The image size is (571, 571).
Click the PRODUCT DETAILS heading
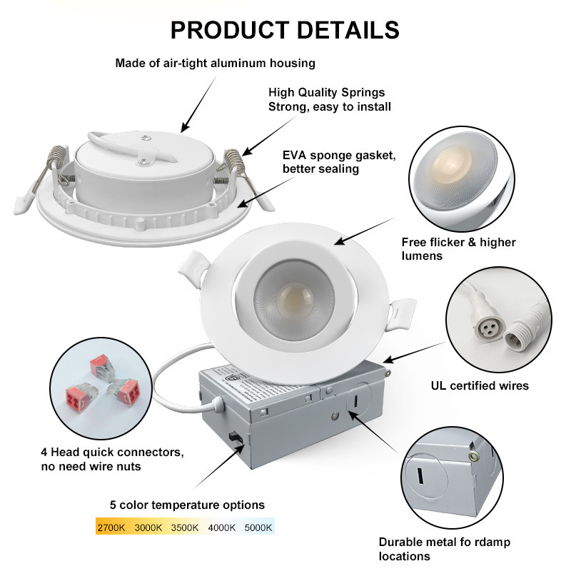[285, 30]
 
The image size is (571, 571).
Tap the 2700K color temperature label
[111, 527]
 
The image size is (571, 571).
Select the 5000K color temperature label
[258, 527]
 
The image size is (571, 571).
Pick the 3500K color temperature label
[185, 527]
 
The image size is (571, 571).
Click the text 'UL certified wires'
[480, 385]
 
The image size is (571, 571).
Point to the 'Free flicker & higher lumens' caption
[458, 248]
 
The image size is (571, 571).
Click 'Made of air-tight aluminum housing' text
[216, 64]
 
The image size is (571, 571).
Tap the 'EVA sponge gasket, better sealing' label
[339, 162]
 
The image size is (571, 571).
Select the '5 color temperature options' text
[187, 505]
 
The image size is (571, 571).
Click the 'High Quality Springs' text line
[327, 92]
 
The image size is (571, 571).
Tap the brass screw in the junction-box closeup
[474, 456]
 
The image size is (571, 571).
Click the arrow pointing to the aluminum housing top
[198, 104]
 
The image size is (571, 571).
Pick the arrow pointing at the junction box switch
[219, 466]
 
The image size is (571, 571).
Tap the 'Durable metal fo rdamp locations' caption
[444, 549]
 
